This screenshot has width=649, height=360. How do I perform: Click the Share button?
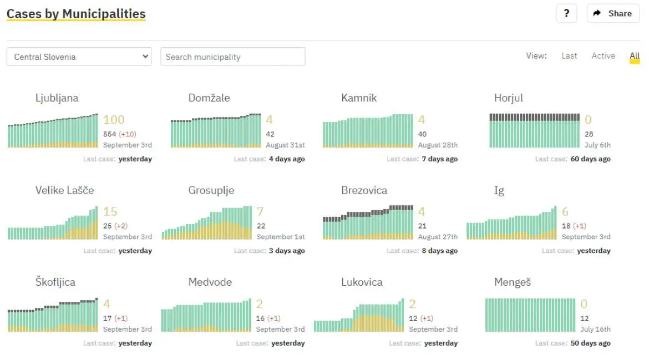click(x=612, y=13)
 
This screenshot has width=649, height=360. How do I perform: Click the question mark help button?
click(x=566, y=13)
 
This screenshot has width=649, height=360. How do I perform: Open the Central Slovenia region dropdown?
click(x=79, y=57)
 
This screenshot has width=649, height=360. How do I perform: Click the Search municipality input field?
click(x=232, y=57)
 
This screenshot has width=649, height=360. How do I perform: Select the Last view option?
click(x=569, y=56)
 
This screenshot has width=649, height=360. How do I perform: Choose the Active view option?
click(x=603, y=56)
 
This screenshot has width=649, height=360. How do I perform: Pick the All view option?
click(x=635, y=56)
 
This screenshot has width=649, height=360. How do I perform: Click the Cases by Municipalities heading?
click(x=76, y=14)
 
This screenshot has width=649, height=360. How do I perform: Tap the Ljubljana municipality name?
click(x=57, y=98)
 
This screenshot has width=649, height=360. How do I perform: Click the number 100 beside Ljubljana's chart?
click(x=114, y=120)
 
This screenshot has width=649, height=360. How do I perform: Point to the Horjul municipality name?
click(x=508, y=98)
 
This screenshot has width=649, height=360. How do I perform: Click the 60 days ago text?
click(x=590, y=159)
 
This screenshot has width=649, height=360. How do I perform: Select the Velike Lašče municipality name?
click(x=64, y=190)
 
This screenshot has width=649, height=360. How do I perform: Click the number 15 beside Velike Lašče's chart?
click(x=110, y=212)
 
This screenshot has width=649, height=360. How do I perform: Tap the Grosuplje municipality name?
click(x=211, y=190)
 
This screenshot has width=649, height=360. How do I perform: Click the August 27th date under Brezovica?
click(x=438, y=237)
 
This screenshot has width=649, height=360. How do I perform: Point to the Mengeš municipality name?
click(x=512, y=282)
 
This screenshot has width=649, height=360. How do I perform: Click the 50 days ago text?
click(x=590, y=343)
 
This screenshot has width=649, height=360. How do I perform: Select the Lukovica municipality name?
click(x=362, y=282)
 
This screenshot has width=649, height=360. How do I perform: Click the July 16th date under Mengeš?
click(x=595, y=329)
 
